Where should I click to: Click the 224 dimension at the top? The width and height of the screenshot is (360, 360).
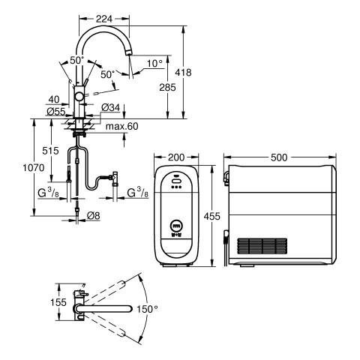(x=104, y=19)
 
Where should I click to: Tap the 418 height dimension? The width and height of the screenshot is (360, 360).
(x=183, y=73)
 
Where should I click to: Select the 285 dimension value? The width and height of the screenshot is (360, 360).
(x=167, y=88)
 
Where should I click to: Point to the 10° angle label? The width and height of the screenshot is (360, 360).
(x=154, y=64)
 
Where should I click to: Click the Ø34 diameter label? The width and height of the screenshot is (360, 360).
(x=111, y=108)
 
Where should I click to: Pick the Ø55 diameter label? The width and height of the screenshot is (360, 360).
(x=56, y=111)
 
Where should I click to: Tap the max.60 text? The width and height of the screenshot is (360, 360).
(x=121, y=126)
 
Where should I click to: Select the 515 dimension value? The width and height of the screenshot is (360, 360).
(x=50, y=151)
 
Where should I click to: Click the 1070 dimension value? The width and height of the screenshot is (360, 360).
(x=34, y=167)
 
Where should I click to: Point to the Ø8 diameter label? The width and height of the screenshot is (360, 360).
(x=94, y=215)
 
